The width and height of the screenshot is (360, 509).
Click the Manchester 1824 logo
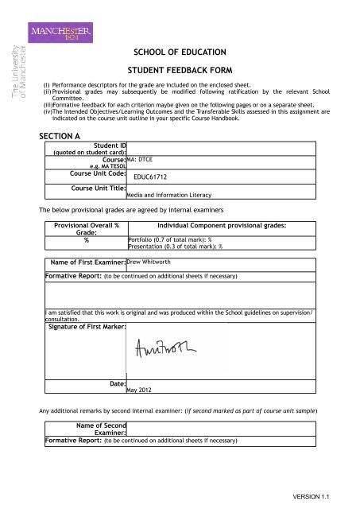click(x=57, y=34)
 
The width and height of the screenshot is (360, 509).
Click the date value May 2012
click(x=142, y=390)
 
